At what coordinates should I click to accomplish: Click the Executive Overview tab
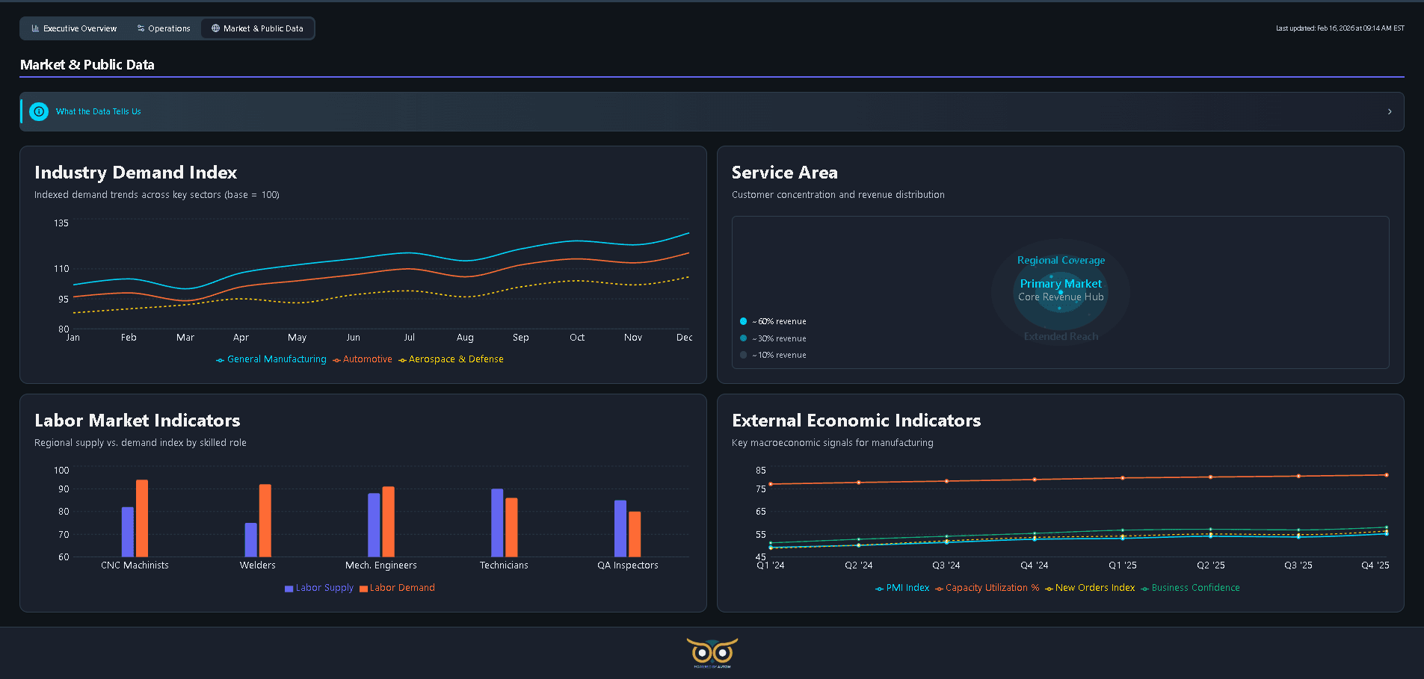(x=74, y=28)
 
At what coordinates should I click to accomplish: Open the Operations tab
(x=164, y=28)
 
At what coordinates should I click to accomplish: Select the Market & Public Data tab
(x=257, y=28)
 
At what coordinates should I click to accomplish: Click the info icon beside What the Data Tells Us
(x=39, y=111)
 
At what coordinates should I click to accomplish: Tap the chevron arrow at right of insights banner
(x=1390, y=111)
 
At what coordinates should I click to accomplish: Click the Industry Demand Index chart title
(x=135, y=173)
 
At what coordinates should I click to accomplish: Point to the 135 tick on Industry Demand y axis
(x=61, y=223)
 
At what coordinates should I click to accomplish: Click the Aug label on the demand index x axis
(x=465, y=338)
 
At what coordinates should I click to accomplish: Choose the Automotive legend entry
(x=363, y=359)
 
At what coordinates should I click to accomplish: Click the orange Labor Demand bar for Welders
(x=265, y=520)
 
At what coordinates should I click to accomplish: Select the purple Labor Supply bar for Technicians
(x=497, y=522)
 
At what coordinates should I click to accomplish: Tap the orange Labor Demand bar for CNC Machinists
(x=142, y=518)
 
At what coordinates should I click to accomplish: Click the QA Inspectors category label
(x=627, y=565)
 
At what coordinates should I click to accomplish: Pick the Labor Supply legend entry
(x=319, y=588)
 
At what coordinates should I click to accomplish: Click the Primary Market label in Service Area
(x=1060, y=284)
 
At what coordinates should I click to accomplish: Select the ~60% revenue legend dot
(x=743, y=321)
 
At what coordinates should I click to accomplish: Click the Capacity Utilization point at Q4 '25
(x=1386, y=475)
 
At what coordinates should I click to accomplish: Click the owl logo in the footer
(x=712, y=652)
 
